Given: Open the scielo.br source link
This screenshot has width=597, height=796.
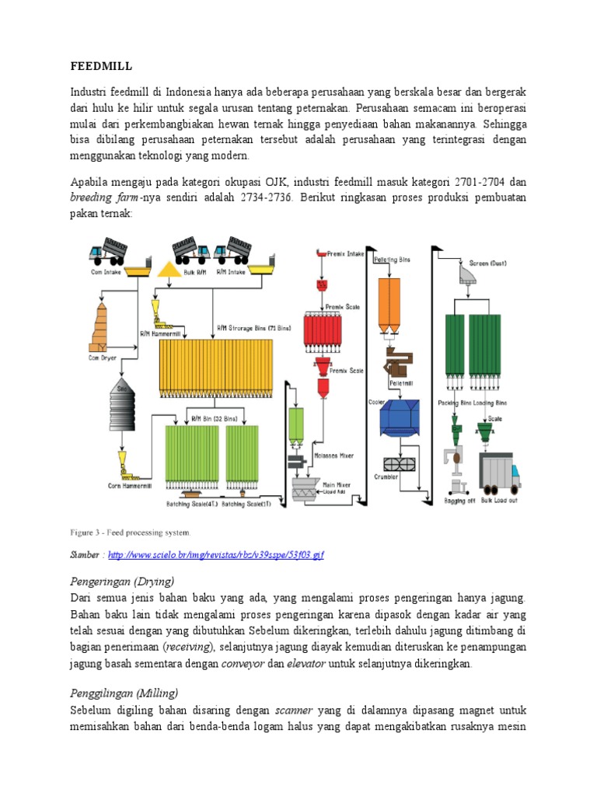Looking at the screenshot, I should click(215, 555).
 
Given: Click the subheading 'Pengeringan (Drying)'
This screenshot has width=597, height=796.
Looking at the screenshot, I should click(122, 581).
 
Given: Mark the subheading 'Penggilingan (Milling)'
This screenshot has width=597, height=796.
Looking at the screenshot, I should click(124, 692).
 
